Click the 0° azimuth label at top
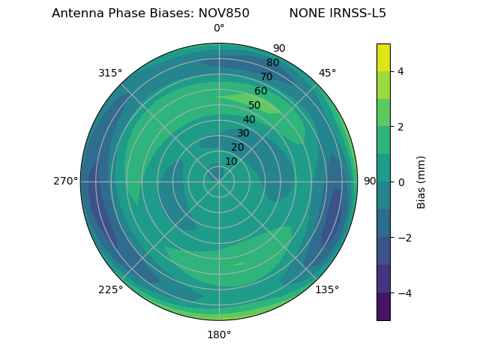(219, 28)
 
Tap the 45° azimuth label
(327, 73)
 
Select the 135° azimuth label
(327, 290)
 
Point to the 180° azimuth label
(219, 334)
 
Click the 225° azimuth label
(110, 290)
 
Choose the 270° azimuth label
(65, 181)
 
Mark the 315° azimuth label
(110, 73)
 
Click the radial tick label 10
(231, 162)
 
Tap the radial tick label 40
(249, 120)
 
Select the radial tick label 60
(260, 91)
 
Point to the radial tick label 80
(272, 63)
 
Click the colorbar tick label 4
(401, 71)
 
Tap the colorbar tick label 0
(401, 182)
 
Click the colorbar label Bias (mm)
(421, 182)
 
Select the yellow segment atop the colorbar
(383, 57)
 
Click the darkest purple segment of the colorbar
(383, 307)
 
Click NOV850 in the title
(223, 13)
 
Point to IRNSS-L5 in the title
(358, 13)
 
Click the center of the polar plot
(219, 181)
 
